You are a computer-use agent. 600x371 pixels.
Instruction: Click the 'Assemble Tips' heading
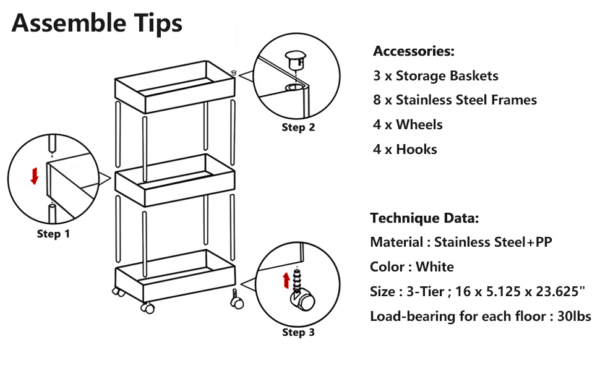97,23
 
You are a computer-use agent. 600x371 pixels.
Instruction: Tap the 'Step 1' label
53,234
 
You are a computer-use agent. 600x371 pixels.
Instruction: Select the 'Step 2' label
298,127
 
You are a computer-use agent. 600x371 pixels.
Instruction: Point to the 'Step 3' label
298,333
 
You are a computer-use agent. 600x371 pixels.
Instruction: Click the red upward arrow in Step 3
286,280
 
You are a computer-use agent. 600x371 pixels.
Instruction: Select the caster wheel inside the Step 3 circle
304,302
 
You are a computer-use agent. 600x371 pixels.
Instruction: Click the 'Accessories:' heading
413,51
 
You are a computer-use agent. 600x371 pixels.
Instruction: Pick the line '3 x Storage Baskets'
435,76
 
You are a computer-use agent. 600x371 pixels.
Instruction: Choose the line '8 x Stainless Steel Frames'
455,100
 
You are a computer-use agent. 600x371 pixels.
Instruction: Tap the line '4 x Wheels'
408,125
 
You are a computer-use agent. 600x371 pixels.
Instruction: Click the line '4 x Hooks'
405,150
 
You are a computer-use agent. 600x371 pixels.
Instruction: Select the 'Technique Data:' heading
424,218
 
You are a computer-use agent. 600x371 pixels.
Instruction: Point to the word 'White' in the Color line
435,267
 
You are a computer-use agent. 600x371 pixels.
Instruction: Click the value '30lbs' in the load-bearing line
573,317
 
